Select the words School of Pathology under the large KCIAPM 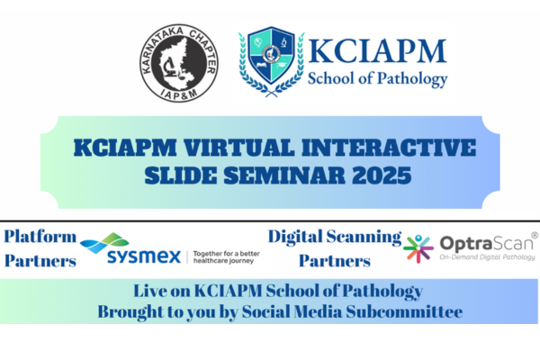point(378,79)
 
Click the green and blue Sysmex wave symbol point(105,241)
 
